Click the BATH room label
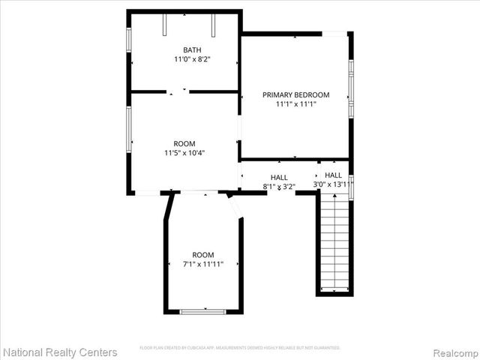pos(181,50)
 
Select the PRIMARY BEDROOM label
pos(295,95)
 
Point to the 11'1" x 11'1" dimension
pos(295,105)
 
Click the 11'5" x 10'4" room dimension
pos(184,153)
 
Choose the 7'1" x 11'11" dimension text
pos(202,264)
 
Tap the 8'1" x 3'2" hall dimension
pos(279,186)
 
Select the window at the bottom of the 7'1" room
pos(203,310)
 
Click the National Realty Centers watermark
pos(60,352)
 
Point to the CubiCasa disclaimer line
pos(240,348)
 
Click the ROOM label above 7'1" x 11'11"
pos(202,255)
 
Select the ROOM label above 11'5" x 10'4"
pos(184,144)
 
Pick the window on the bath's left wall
pos(129,40)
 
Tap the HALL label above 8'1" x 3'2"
pos(279,178)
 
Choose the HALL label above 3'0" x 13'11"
pos(334,175)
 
